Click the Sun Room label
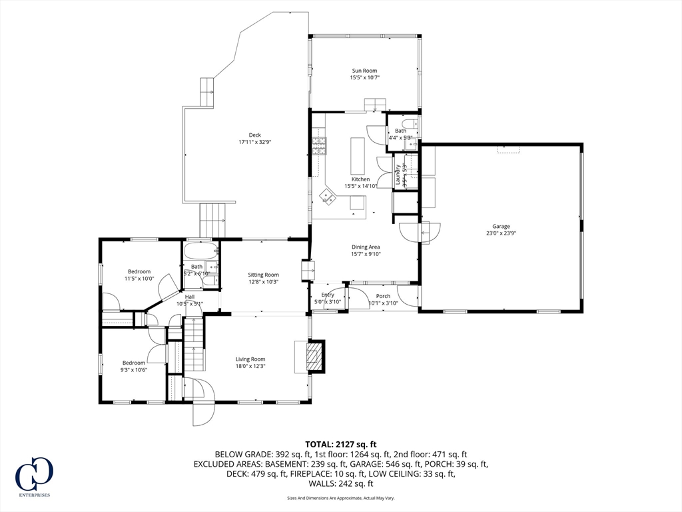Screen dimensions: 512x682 364,71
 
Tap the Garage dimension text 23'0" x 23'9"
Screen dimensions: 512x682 501,234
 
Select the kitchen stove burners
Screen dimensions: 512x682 319,145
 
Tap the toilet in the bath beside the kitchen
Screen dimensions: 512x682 412,125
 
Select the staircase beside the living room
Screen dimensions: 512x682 193,345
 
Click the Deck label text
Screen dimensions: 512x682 255,135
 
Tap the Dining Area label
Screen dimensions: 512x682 366,247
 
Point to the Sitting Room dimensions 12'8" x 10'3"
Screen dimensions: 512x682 263,282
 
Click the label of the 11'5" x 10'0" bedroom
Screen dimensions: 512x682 139,271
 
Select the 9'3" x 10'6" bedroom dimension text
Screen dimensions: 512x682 133,370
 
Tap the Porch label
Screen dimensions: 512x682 383,296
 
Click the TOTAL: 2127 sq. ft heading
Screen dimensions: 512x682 341,444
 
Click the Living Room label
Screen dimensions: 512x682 250,359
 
